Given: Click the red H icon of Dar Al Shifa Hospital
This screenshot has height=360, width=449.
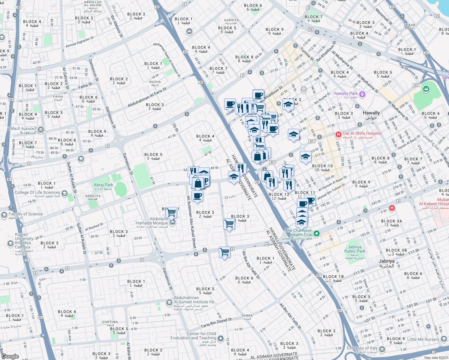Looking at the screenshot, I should click(338, 134).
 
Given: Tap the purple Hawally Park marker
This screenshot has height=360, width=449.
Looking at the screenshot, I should click(362, 94).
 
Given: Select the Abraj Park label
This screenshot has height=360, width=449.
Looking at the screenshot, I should click(104, 187).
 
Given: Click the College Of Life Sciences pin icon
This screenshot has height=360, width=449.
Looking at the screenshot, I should click(65, 193).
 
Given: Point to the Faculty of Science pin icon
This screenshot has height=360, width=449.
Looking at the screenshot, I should click(4, 215).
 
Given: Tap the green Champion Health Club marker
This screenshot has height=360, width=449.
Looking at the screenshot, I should click(316, 233).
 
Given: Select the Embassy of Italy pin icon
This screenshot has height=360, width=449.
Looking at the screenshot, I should click(382, 349).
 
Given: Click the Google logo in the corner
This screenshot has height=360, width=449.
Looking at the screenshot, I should click(10, 356).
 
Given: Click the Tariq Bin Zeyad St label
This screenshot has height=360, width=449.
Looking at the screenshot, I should click(216, 323).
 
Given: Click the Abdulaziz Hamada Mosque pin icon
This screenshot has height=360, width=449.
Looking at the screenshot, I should click(172, 222).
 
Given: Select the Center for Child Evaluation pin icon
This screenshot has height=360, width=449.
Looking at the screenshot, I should click(221, 338).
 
